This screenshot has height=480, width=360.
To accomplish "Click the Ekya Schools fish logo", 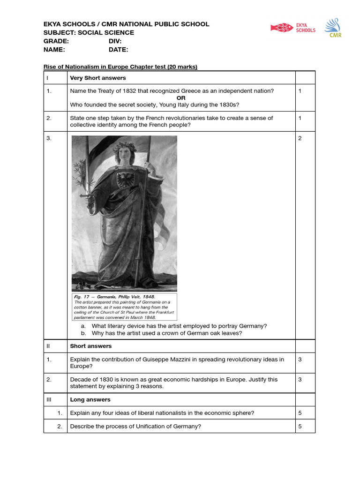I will tap(282, 28).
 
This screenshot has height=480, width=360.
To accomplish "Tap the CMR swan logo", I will tap(335, 28).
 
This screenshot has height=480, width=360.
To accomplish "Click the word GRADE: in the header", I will tap(56, 41).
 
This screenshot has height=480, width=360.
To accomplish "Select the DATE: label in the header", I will tap(118, 50).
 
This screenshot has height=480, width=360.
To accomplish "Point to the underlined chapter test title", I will tap(120, 67).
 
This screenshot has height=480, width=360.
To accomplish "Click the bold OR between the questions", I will tap(181, 97).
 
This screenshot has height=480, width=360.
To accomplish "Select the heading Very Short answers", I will tap(97, 78).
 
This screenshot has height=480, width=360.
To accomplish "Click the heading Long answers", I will tap(90, 400).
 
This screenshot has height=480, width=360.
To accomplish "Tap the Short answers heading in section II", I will tap(90, 346).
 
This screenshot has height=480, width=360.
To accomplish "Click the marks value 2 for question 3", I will tap(300, 138).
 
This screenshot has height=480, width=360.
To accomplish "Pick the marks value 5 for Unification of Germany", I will tap(300, 426).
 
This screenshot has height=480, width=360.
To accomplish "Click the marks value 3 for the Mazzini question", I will tap(300, 360).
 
